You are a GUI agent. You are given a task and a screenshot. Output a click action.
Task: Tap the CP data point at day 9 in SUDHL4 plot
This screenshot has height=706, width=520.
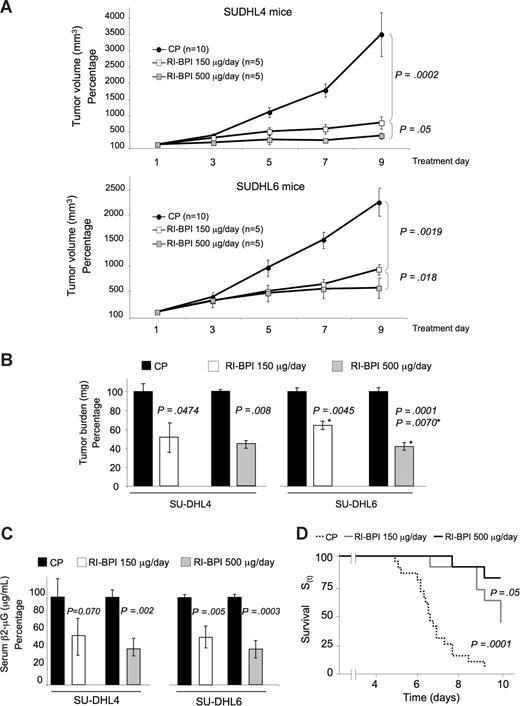point(379,35)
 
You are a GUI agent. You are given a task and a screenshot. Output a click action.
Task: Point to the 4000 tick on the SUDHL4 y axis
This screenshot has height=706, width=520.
point(113,17)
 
